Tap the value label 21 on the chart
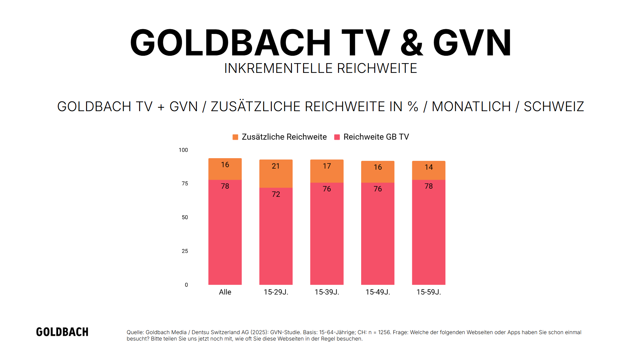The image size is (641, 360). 275,166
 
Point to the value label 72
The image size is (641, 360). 275,194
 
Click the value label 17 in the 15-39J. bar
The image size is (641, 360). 327,166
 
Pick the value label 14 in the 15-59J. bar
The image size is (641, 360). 428,167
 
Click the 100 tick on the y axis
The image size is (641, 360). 183,150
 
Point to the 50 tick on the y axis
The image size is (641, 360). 184,217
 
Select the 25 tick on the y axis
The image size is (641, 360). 184,251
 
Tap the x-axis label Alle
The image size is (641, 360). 225,292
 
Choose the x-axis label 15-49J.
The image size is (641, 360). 378,292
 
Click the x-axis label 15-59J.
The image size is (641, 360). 428,292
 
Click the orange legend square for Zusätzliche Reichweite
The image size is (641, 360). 235,137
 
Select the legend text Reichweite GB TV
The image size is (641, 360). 376,137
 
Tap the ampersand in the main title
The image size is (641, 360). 411,43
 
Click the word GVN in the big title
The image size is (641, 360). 472,43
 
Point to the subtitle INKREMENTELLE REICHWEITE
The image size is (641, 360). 320,68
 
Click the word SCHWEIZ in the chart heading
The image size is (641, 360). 553,106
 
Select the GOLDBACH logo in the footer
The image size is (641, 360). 62,332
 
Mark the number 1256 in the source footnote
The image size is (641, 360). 384,332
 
